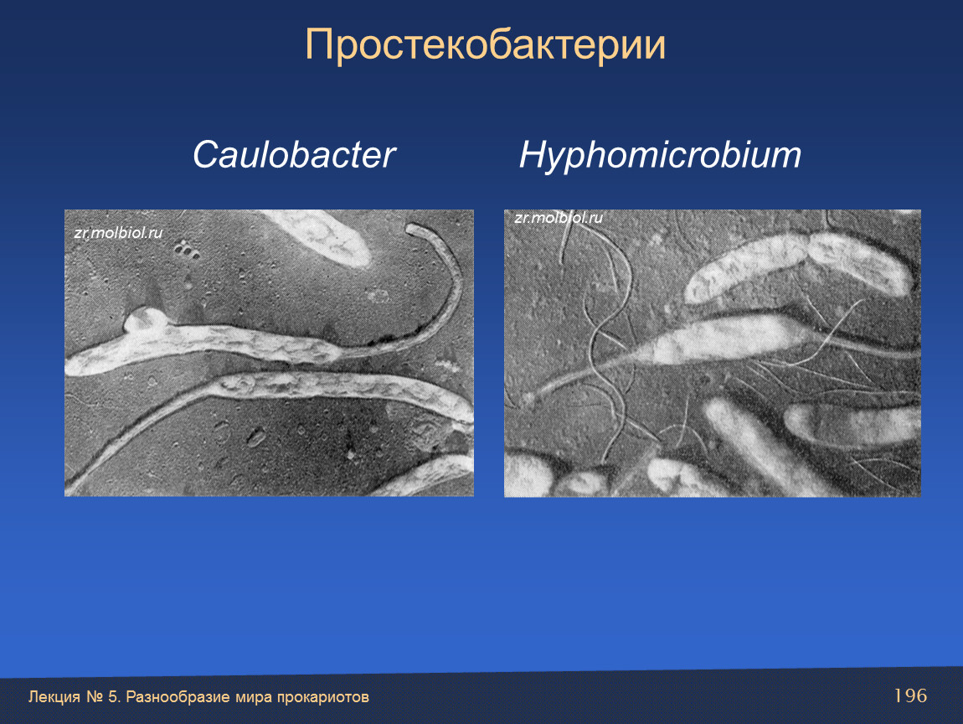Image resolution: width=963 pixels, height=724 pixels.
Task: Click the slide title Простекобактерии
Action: pyautogui.click(x=485, y=44)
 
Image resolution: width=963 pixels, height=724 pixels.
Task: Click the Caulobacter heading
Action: pyautogui.click(x=294, y=154)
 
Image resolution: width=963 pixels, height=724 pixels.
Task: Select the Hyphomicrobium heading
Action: pyautogui.click(x=660, y=155)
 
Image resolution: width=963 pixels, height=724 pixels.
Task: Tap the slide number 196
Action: pyautogui.click(x=910, y=696)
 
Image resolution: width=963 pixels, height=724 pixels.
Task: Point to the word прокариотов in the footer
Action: pyautogui.click(x=323, y=697)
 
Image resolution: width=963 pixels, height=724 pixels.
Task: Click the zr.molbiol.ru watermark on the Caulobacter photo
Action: pyautogui.click(x=118, y=233)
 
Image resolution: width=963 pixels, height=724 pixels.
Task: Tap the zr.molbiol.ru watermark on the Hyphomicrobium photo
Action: pyautogui.click(x=559, y=218)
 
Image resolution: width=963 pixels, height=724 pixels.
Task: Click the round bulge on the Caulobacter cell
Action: pyautogui.click(x=145, y=319)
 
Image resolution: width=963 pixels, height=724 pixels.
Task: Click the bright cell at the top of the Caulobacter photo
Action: pyautogui.click(x=319, y=237)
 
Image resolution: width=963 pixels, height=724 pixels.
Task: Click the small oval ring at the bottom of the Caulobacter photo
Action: pyautogui.click(x=256, y=437)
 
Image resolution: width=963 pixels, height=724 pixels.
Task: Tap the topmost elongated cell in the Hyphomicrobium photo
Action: pyautogui.click(x=797, y=268)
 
